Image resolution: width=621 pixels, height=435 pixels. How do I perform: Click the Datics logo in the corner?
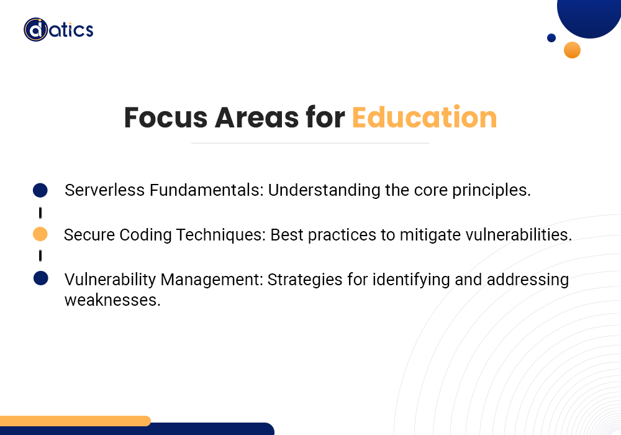click(x=58, y=30)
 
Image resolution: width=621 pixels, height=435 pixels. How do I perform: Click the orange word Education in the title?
click(x=424, y=117)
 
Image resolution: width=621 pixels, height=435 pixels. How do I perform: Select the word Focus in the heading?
click(x=166, y=117)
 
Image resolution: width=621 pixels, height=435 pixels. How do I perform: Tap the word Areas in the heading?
click(x=256, y=117)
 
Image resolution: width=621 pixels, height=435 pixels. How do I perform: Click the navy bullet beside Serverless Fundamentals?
click(x=40, y=190)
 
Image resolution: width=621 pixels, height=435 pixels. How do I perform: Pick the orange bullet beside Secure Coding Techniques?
click(x=40, y=234)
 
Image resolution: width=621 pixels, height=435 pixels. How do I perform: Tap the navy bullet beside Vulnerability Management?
click(x=41, y=278)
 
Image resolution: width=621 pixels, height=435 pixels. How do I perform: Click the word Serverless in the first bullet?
click(x=104, y=190)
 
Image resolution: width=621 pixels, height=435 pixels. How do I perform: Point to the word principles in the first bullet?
click(x=491, y=191)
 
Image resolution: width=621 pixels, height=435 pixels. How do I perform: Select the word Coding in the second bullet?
click(x=145, y=235)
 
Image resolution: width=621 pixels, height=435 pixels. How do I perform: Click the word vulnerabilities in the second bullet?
click(x=519, y=235)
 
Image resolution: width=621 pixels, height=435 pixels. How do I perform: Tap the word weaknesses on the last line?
click(x=112, y=300)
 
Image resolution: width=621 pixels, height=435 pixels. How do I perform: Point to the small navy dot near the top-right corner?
click(x=551, y=38)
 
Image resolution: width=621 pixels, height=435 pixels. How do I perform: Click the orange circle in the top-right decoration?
click(x=573, y=50)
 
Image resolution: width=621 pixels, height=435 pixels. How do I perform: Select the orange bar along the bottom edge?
click(x=75, y=421)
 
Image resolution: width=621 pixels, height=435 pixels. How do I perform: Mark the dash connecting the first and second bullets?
click(x=40, y=213)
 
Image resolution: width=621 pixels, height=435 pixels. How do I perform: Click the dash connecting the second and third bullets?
click(x=40, y=256)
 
